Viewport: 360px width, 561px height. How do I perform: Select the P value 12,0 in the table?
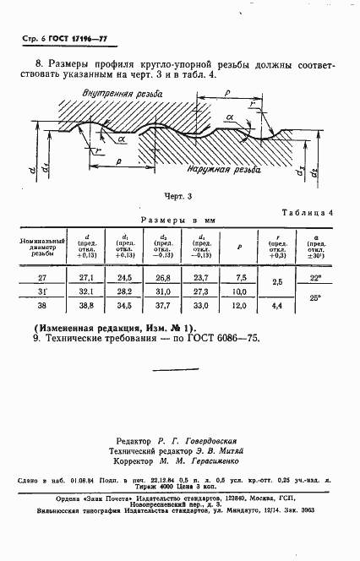point(240,305)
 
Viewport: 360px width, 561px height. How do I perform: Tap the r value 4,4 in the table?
point(277,305)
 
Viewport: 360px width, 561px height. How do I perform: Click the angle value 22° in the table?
point(315,276)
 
